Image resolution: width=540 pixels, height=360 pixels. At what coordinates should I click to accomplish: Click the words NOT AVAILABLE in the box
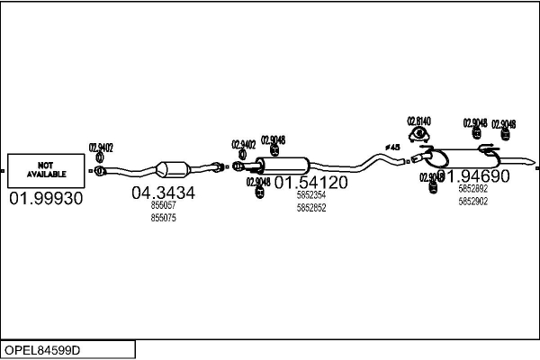coord(46,169)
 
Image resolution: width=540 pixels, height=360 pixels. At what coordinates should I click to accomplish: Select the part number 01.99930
coord(46,199)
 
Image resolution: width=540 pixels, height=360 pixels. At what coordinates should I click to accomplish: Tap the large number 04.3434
coord(163,193)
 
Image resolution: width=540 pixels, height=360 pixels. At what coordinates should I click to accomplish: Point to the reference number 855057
coord(163,206)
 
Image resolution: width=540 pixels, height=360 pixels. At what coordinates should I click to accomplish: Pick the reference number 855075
coord(163,218)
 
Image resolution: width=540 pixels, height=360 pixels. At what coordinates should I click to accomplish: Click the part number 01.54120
coord(310,183)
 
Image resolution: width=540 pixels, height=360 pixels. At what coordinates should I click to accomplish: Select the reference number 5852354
coord(310,195)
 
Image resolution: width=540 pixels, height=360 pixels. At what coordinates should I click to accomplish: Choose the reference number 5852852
coord(310,208)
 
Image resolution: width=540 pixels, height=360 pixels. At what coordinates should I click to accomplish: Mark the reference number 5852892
coord(472,189)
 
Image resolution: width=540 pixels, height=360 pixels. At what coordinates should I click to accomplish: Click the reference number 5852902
coord(472,202)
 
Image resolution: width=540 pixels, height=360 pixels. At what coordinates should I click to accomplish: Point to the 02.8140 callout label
coord(418,121)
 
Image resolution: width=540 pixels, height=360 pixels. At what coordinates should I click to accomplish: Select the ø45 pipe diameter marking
coord(392,147)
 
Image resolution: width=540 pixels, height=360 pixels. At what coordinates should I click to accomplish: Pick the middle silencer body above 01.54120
coord(283,165)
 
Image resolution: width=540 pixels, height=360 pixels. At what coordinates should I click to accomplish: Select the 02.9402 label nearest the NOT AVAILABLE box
coord(100,148)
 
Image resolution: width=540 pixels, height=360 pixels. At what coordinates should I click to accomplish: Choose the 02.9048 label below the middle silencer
coord(258,181)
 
